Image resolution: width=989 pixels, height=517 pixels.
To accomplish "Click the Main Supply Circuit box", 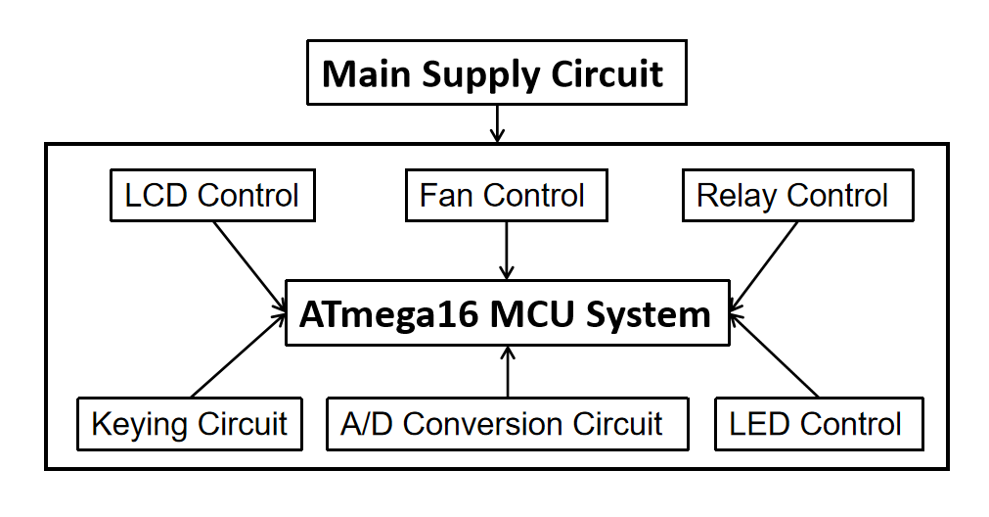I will point(496,72).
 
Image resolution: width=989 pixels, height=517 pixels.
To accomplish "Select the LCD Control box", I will point(211,195).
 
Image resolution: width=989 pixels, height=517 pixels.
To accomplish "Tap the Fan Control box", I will point(506,195).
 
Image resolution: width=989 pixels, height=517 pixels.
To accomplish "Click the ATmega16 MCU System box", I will point(507,313).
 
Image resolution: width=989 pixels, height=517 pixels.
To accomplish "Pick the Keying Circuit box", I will point(189,424).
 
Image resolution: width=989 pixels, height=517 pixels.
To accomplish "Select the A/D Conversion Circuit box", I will point(507,424).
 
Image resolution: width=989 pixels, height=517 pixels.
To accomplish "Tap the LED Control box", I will point(818,424).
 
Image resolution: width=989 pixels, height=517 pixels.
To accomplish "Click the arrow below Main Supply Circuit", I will point(497,123).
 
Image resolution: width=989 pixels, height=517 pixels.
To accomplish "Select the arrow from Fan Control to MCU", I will point(507,250).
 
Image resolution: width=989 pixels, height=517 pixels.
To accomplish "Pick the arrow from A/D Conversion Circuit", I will point(507,371).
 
